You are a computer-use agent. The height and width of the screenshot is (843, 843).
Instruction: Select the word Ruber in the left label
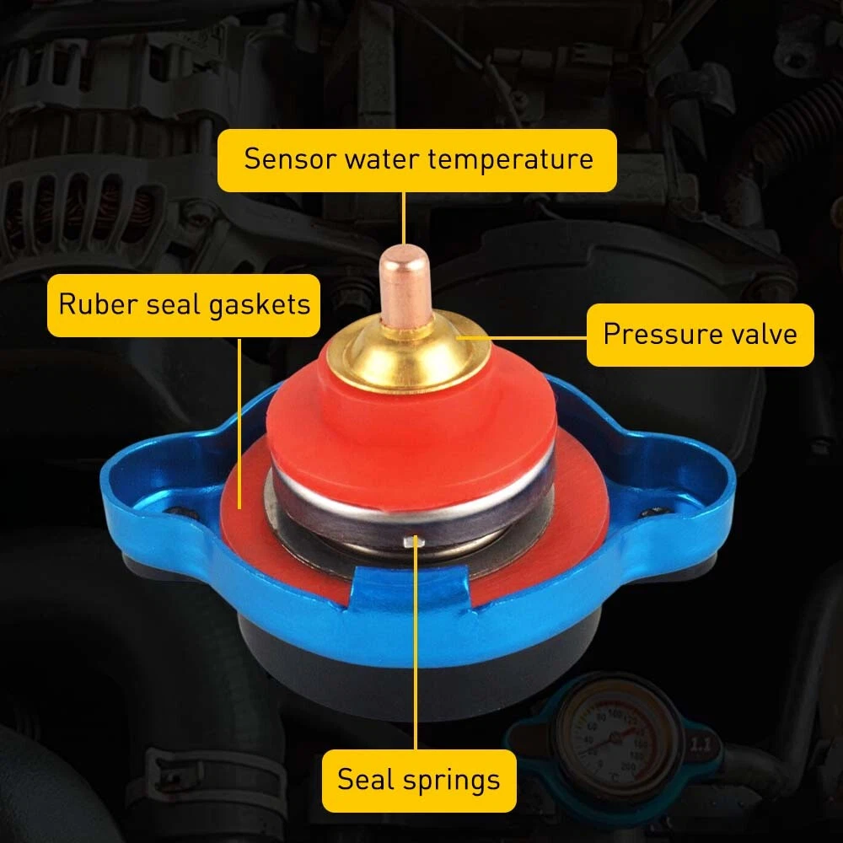(x=97, y=303)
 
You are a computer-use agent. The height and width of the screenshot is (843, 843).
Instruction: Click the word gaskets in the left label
(x=259, y=305)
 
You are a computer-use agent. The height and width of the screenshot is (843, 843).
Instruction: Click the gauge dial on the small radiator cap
(x=617, y=738)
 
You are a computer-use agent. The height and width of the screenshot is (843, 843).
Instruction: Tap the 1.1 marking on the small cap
(x=700, y=745)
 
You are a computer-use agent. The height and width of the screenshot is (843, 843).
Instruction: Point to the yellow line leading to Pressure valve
(x=522, y=338)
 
